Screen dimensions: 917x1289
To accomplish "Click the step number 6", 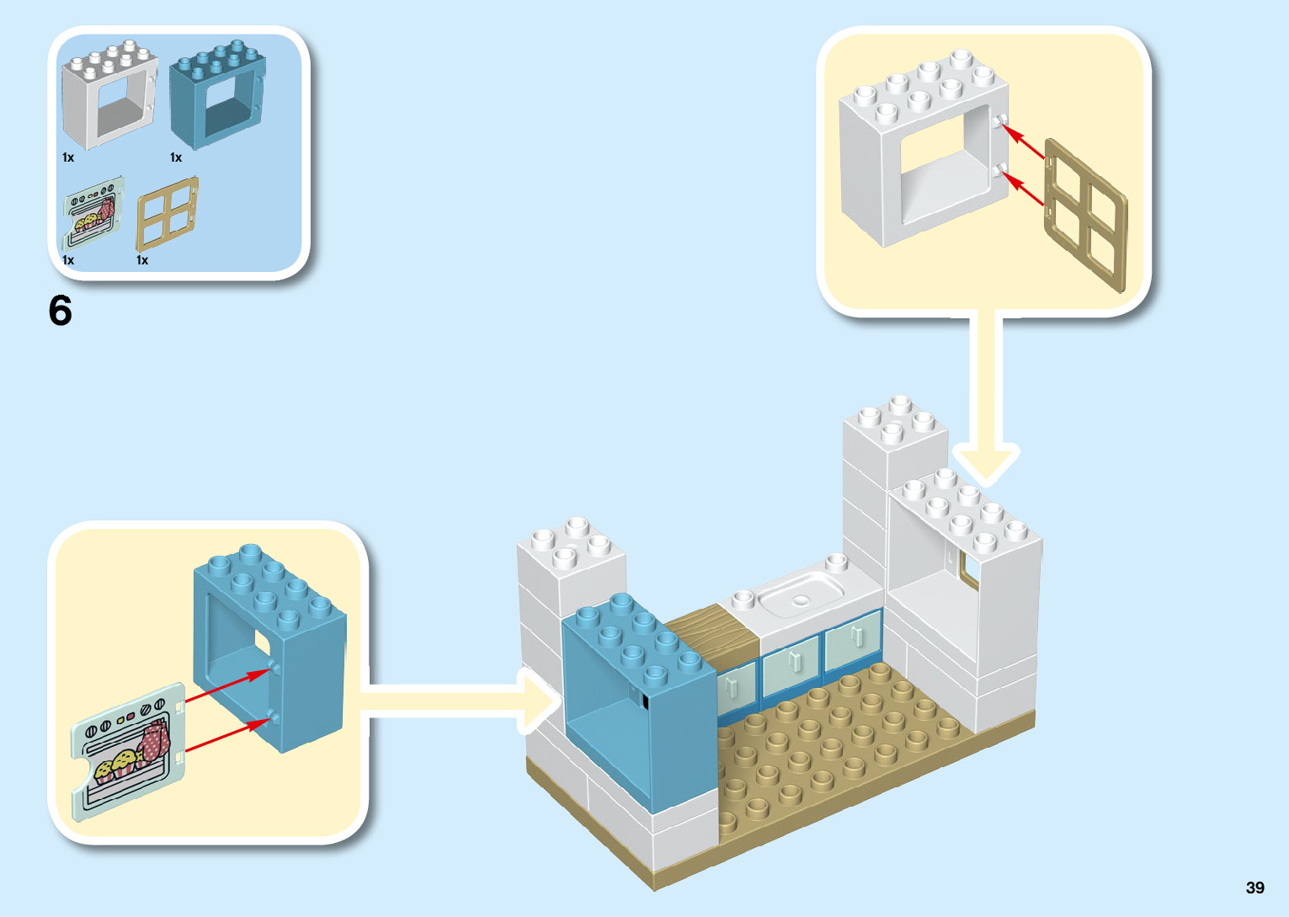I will click(61, 311).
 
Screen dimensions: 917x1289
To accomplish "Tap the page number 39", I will click(1254, 888).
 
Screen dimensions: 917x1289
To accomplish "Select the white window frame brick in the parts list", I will click(109, 96).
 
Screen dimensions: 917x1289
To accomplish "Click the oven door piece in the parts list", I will click(92, 215).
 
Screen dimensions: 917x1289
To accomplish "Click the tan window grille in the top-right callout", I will click(1085, 216).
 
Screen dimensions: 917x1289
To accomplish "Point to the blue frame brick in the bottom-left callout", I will click(269, 648).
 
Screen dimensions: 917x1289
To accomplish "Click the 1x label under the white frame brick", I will click(68, 157).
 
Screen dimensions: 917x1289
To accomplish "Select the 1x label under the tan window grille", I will click(142, 260).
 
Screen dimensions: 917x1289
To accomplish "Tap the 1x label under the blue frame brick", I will click(176, 157).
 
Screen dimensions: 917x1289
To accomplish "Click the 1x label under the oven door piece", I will click(68, 260).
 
